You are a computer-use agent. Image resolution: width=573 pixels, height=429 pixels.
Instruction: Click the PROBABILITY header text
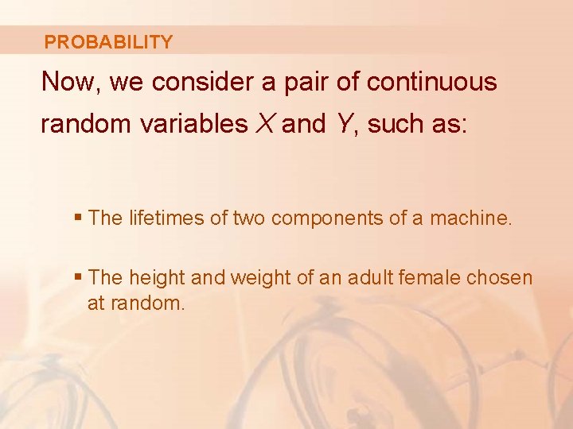pyautogui.click(x=108, y=42)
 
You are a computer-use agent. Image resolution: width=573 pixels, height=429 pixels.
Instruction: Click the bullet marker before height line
pyautogui.click(x=77, y=278)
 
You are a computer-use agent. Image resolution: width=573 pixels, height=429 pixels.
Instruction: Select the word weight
pyautogui.click(x=255, y=278)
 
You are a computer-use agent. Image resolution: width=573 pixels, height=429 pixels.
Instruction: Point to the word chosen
pyautogui.click(x=502, y=278)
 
